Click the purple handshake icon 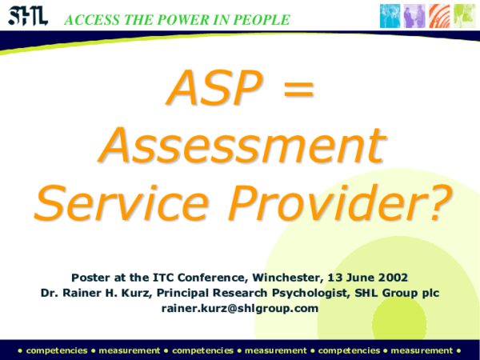pos(413,15)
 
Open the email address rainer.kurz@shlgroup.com pos(240,308)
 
